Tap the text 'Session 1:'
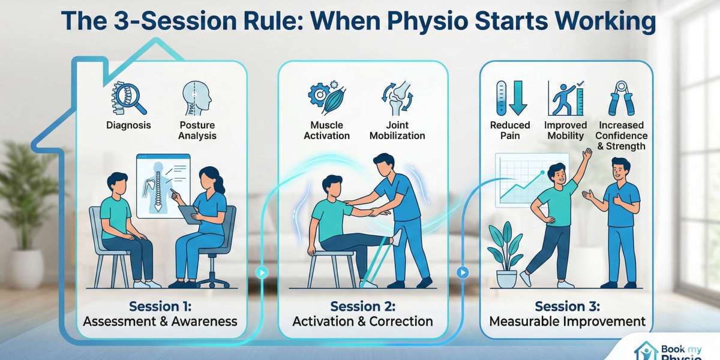pos(160,307)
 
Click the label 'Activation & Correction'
pos(362,322)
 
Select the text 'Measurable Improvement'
pos(567,322)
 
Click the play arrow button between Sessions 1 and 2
pos(262,272)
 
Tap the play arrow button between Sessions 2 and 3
pos(462,272)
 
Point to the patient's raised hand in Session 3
pos(587,155)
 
